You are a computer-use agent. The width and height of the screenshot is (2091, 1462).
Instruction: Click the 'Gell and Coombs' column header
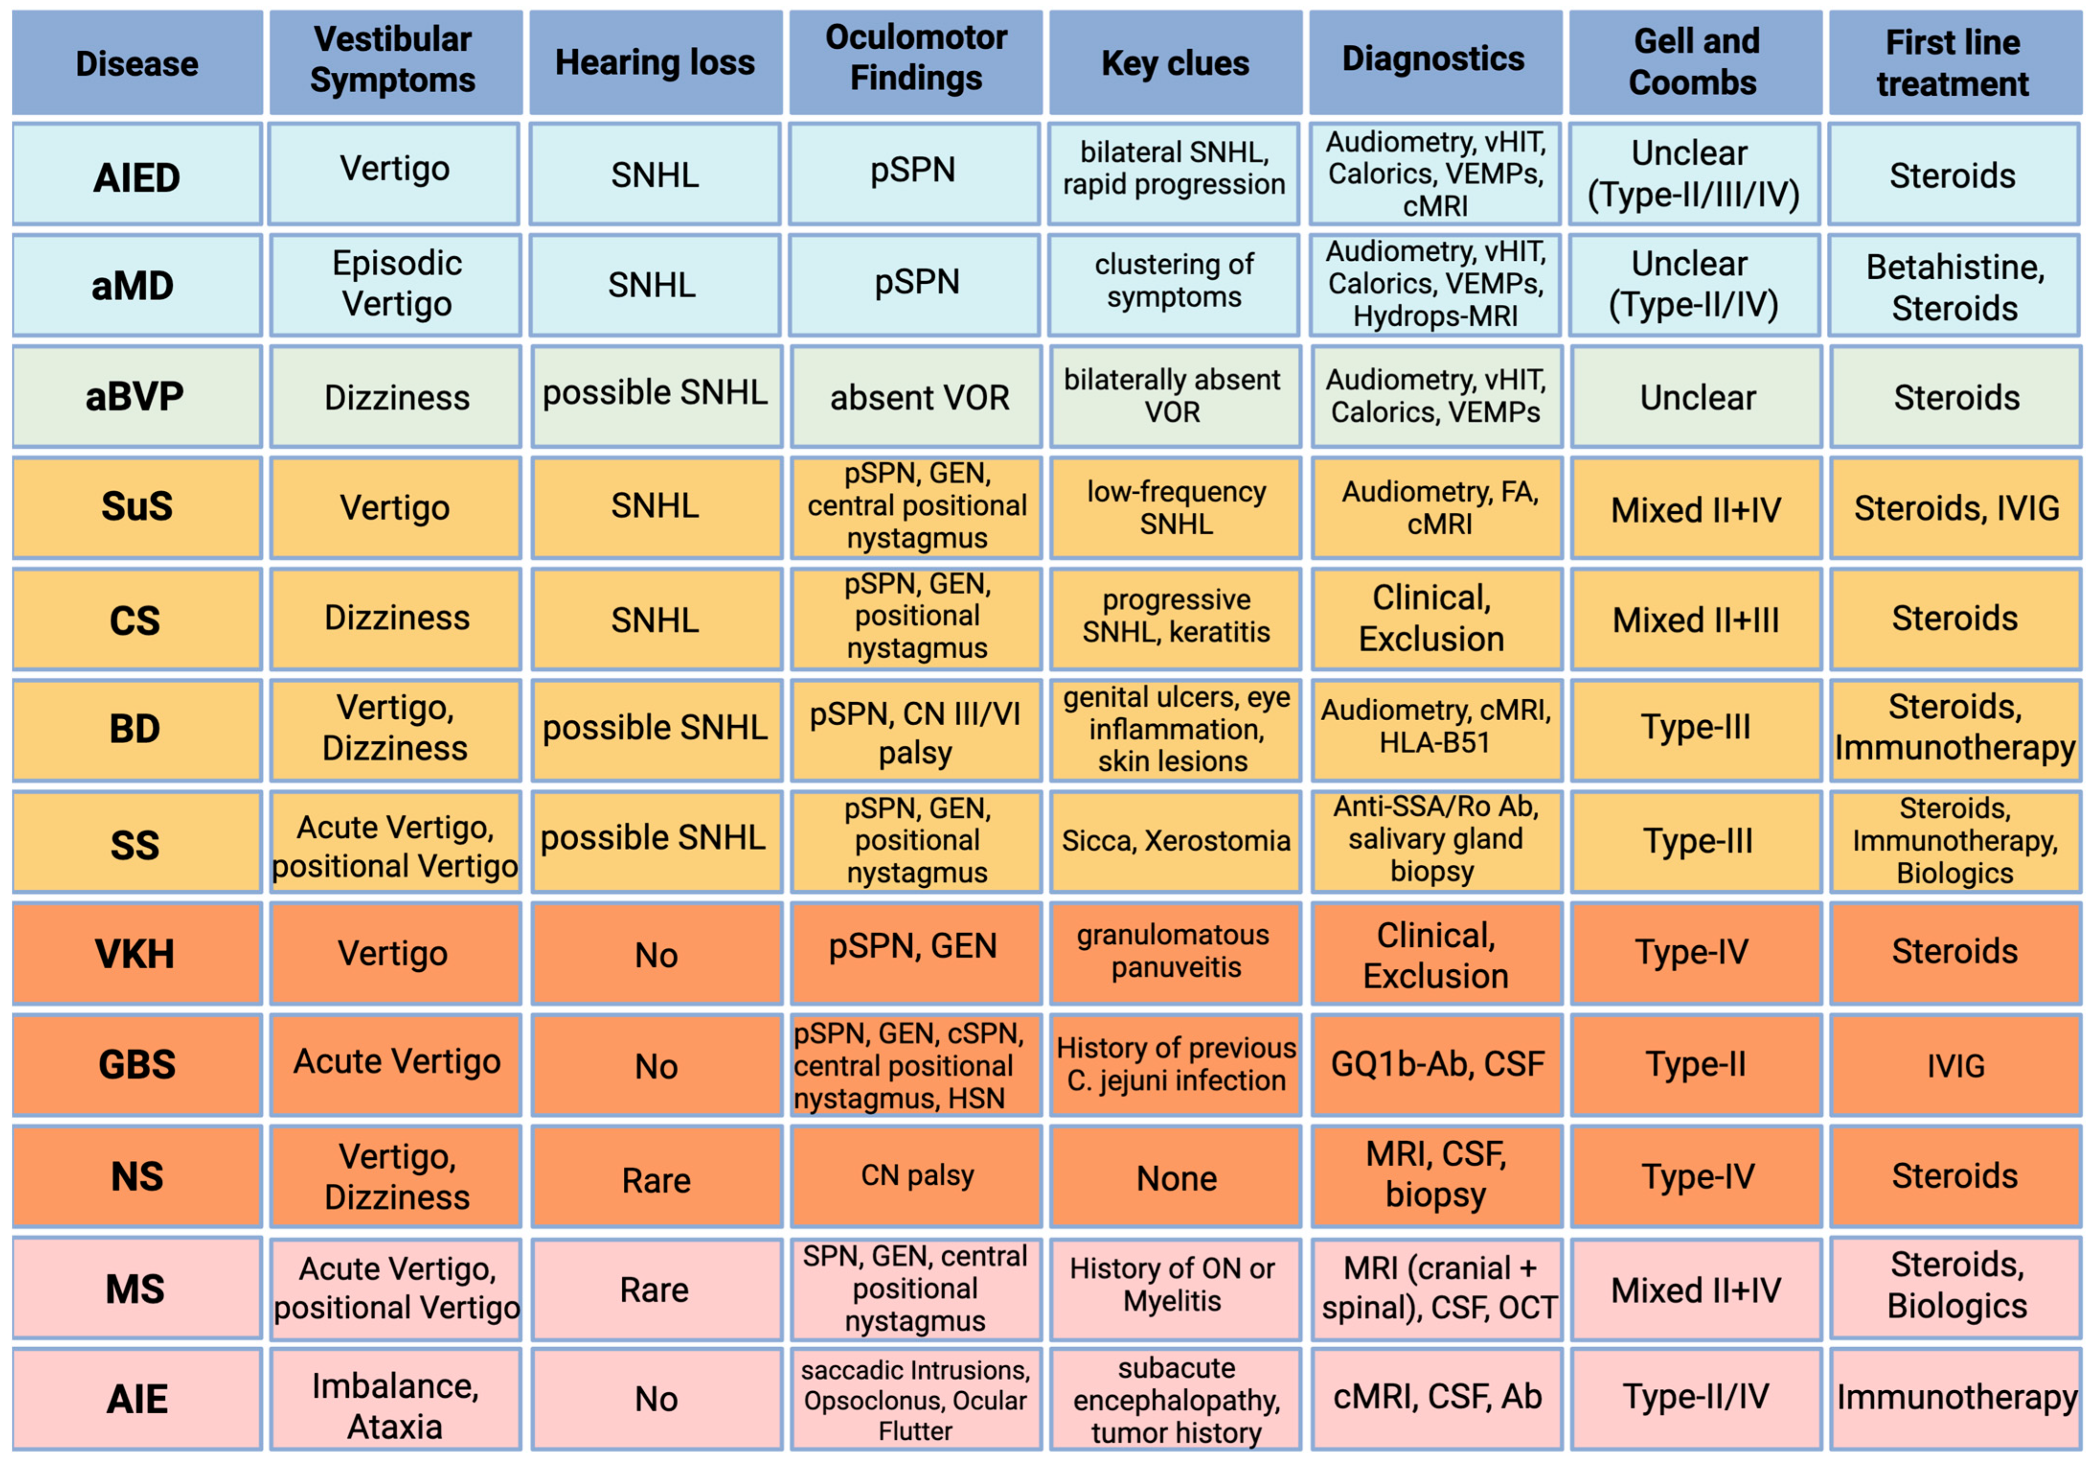(x=1695, y=62)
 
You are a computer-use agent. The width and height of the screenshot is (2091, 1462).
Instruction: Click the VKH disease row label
(x=137, y=953)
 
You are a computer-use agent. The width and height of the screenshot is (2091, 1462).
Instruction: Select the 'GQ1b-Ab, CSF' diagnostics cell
(x=1436, y=1064)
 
